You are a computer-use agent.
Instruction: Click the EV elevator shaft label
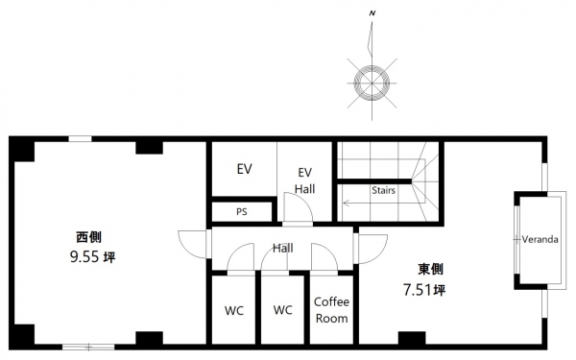[244, 169]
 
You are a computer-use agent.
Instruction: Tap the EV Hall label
[305, 180]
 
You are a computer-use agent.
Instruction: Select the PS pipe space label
[242, 212]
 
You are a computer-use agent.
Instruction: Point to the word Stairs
[383, 190]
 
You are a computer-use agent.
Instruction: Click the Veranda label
[540, 239]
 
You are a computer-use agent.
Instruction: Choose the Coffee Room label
[331, 310]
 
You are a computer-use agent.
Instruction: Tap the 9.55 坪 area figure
[92, 256]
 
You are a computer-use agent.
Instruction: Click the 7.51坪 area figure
[424, 290]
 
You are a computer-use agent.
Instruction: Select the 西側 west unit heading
[88, 237]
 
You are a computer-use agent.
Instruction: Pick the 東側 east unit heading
[430, 269]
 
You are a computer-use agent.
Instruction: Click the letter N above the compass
[372, 13]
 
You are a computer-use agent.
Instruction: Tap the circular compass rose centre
[372, 83]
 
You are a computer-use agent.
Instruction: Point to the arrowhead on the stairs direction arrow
[346, 202]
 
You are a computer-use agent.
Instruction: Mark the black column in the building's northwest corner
[22, 149]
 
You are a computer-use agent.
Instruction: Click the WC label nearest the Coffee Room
[283, 310]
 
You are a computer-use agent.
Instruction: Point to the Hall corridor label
[283, 249]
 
